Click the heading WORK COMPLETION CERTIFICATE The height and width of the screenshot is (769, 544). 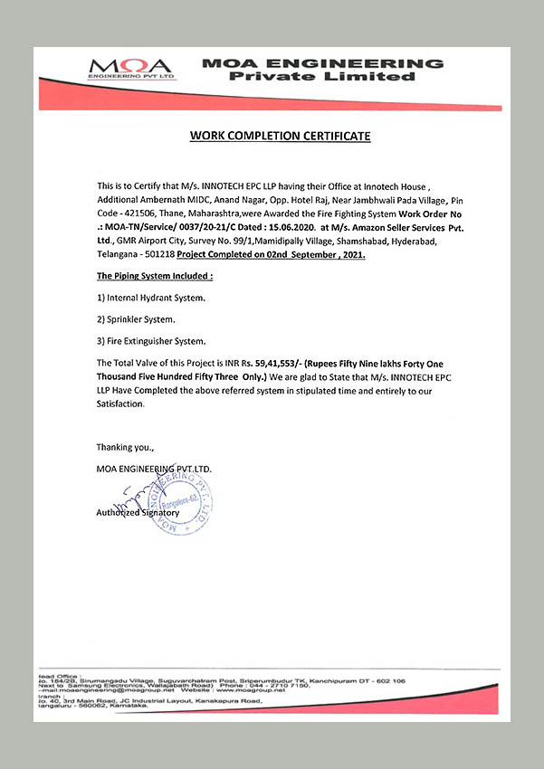(x=280, y=136)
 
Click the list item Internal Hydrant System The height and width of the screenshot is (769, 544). (x=151, y=298)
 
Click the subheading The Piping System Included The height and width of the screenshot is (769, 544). (x=154, y=275)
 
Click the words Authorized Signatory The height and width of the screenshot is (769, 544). (x=138, y=512)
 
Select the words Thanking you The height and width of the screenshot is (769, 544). (x=125, y=448)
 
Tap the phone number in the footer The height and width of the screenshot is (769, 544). (x=272, y=687)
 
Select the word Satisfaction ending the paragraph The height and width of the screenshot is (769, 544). (x=120, y=404)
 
